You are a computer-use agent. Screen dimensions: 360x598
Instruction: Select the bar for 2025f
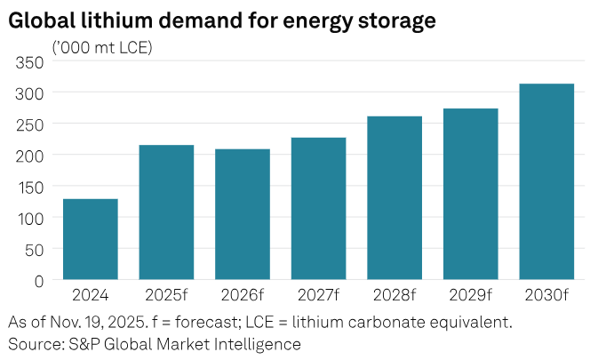point(166,212)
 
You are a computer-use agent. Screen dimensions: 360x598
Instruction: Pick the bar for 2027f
point(318,209)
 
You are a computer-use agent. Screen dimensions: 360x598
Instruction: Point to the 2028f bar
point(395,198)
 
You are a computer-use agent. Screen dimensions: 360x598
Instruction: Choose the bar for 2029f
point(471,194)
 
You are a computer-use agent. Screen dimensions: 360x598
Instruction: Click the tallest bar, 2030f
point(546,181)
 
